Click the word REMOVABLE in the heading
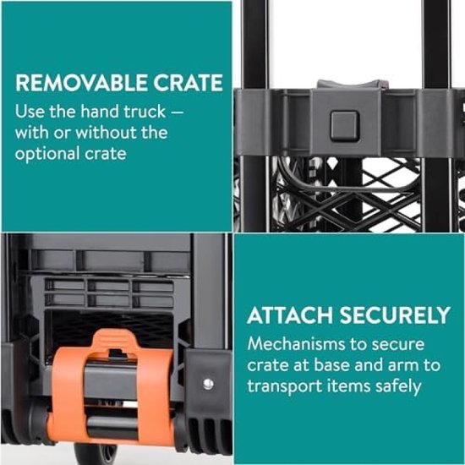[80, 83]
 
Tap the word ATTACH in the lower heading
[290, 315]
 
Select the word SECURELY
[395, 315]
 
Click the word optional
[47, 154]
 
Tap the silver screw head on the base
[209, 384]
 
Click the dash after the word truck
[178, 113]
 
